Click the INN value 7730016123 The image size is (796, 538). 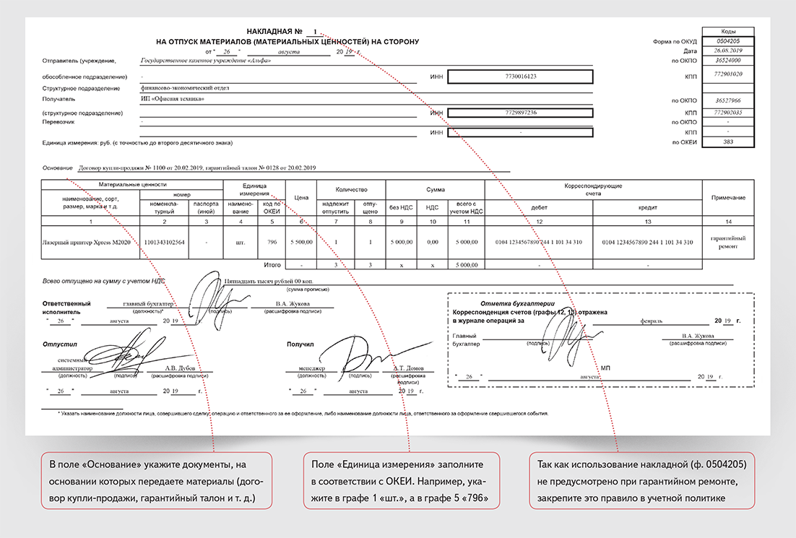point(520,76)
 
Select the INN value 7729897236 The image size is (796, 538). point(520,113)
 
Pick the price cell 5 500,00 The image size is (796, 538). point(301,242)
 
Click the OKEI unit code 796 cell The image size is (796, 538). point(272,242)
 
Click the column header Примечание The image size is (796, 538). point(728,198)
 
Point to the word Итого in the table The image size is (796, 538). point(272,265)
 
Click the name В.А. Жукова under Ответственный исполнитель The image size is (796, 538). point(293,304)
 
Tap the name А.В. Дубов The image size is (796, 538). point(178,368)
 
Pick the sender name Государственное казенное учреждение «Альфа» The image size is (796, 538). point(206,60)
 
